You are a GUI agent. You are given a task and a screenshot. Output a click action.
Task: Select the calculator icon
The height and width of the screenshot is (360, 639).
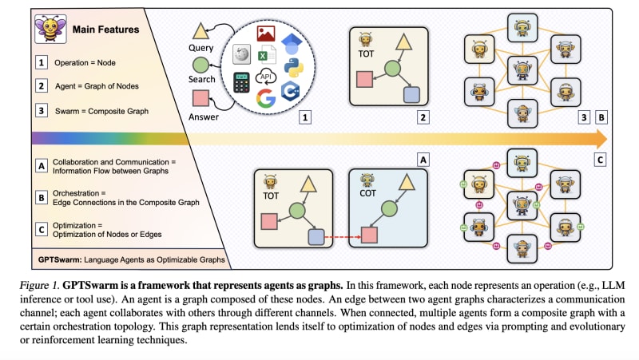[241, 83]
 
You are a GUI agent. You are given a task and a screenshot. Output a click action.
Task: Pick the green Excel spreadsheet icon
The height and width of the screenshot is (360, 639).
[267, 54]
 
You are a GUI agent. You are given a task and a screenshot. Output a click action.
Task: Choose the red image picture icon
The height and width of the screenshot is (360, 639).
[267, 33]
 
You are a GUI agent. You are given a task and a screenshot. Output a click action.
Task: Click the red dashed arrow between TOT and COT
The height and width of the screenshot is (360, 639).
[339, 235]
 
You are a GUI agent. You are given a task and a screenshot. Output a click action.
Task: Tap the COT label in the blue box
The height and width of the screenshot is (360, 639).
[368, 193]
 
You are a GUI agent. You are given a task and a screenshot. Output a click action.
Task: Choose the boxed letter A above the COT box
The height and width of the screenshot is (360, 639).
[424, 158]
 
